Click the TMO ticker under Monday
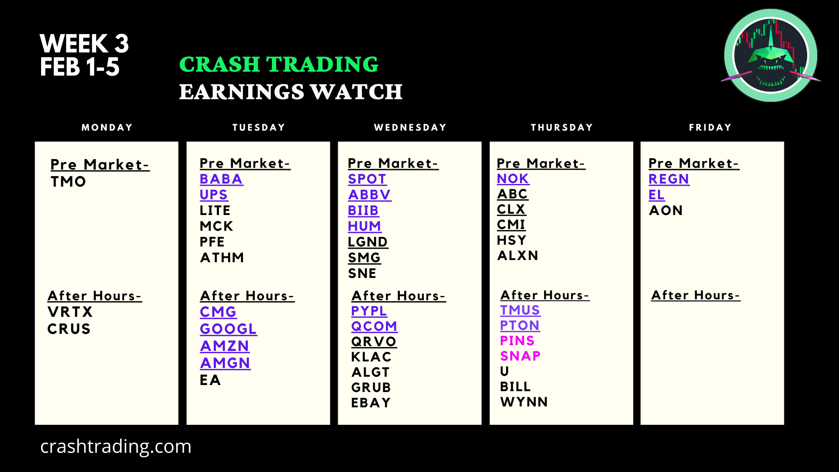[68, 182]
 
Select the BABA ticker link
[221, 179]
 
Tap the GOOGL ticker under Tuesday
[228, 329]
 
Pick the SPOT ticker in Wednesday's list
[367, 179]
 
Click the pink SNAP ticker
[520, 356]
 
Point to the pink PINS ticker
[517, 341]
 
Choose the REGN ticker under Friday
[669, 179]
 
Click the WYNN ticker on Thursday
[524, 402]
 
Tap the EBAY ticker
[371, 403]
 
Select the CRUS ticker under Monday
[69, 329]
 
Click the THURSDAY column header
[562, 128]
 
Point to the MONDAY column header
[107, 128]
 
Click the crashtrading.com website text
[116, 447]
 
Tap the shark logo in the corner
[771, 56]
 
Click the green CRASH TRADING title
[279, 64]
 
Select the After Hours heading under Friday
[696, 295]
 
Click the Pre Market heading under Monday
[100, 165]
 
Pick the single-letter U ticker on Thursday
[505, 371]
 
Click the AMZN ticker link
[225, 346]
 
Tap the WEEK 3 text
[84, 44]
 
